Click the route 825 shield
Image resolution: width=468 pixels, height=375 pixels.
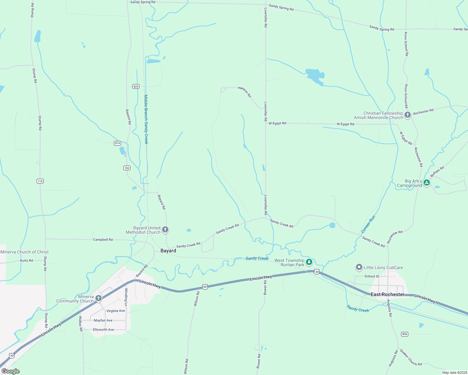pyautogui.click(x=136, y=87)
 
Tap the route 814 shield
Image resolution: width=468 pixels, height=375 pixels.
pyautogui.click(x=117, y=143)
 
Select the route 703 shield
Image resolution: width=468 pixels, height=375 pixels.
pyautogui.click(x=127, y=168)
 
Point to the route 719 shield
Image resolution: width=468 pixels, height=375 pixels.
pyautogui.click(x=40, y=181)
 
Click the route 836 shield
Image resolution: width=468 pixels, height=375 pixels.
pyautogui.click(x=405, y=334)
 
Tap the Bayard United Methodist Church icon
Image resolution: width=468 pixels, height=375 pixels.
pyautogui.click(x=165, y=230)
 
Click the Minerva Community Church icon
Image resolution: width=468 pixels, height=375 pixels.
pyautogui.click(x=99, y=298)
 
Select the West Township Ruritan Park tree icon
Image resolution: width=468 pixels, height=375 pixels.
pyautogui.click(x=309, y=262)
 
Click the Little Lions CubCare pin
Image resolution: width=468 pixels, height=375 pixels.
pyautogui.click(x=359, y=267)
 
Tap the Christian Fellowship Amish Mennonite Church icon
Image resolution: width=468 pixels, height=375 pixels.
pyautogui.click(x=407, y=115)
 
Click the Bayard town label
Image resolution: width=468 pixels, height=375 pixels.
pyautogui.click(x=168, y=251)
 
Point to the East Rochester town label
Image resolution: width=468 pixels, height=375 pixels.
pyautogui.click(x=387, y=294)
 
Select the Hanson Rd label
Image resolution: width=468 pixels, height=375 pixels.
pyautogui.click(x=245, y=92)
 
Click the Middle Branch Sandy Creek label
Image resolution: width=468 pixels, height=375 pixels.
pyautogui.click(x=146, y=119)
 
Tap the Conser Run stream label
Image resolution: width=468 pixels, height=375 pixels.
pyautogui.click(x=368, y=224)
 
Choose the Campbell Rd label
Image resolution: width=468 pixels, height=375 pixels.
pyautogui.click(x=103, y=240)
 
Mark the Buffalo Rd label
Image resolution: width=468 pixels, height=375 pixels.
pyautogui.click(x=437, y=172)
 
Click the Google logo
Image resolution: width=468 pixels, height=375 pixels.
pyautogui.click(x=11, y=371)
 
